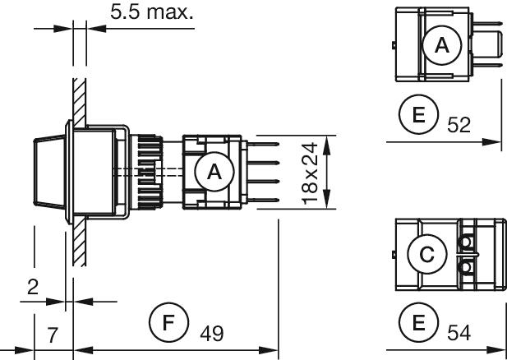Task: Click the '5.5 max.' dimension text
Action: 152,13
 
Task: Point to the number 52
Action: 459,125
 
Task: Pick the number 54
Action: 459,333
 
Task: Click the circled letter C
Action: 426,256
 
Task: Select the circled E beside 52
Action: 419,115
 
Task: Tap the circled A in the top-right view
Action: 441,48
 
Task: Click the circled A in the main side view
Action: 215,173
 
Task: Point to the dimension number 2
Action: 32,287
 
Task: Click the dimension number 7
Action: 52,334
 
